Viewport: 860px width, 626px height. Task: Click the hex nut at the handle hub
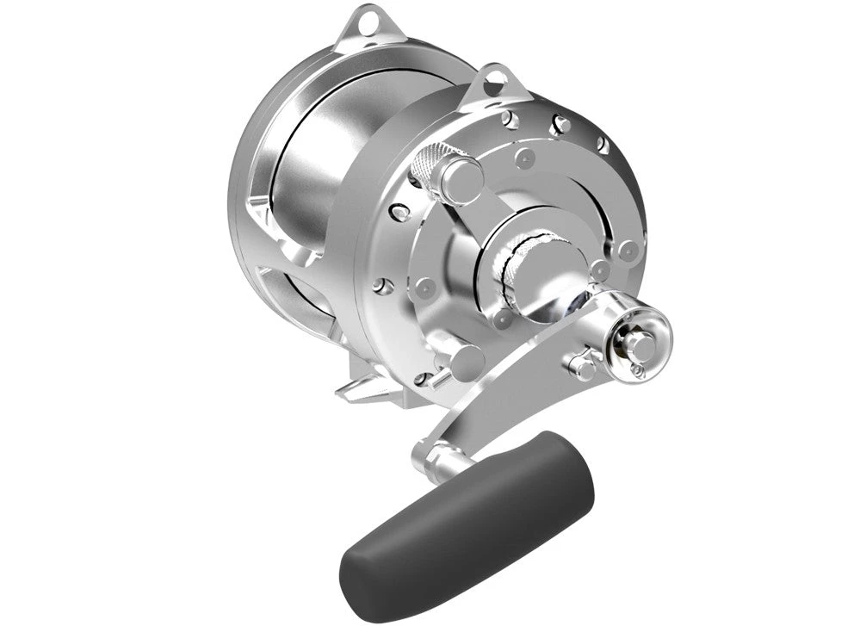click(x=638, y=344)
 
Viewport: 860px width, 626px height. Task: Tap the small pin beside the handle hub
click(x=583, y=365)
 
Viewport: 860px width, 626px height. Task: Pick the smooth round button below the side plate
click(x=466, y=363)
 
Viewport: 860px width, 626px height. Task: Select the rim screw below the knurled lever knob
click(x=398, y=211)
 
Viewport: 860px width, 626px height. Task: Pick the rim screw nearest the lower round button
click(x=422, y=377)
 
